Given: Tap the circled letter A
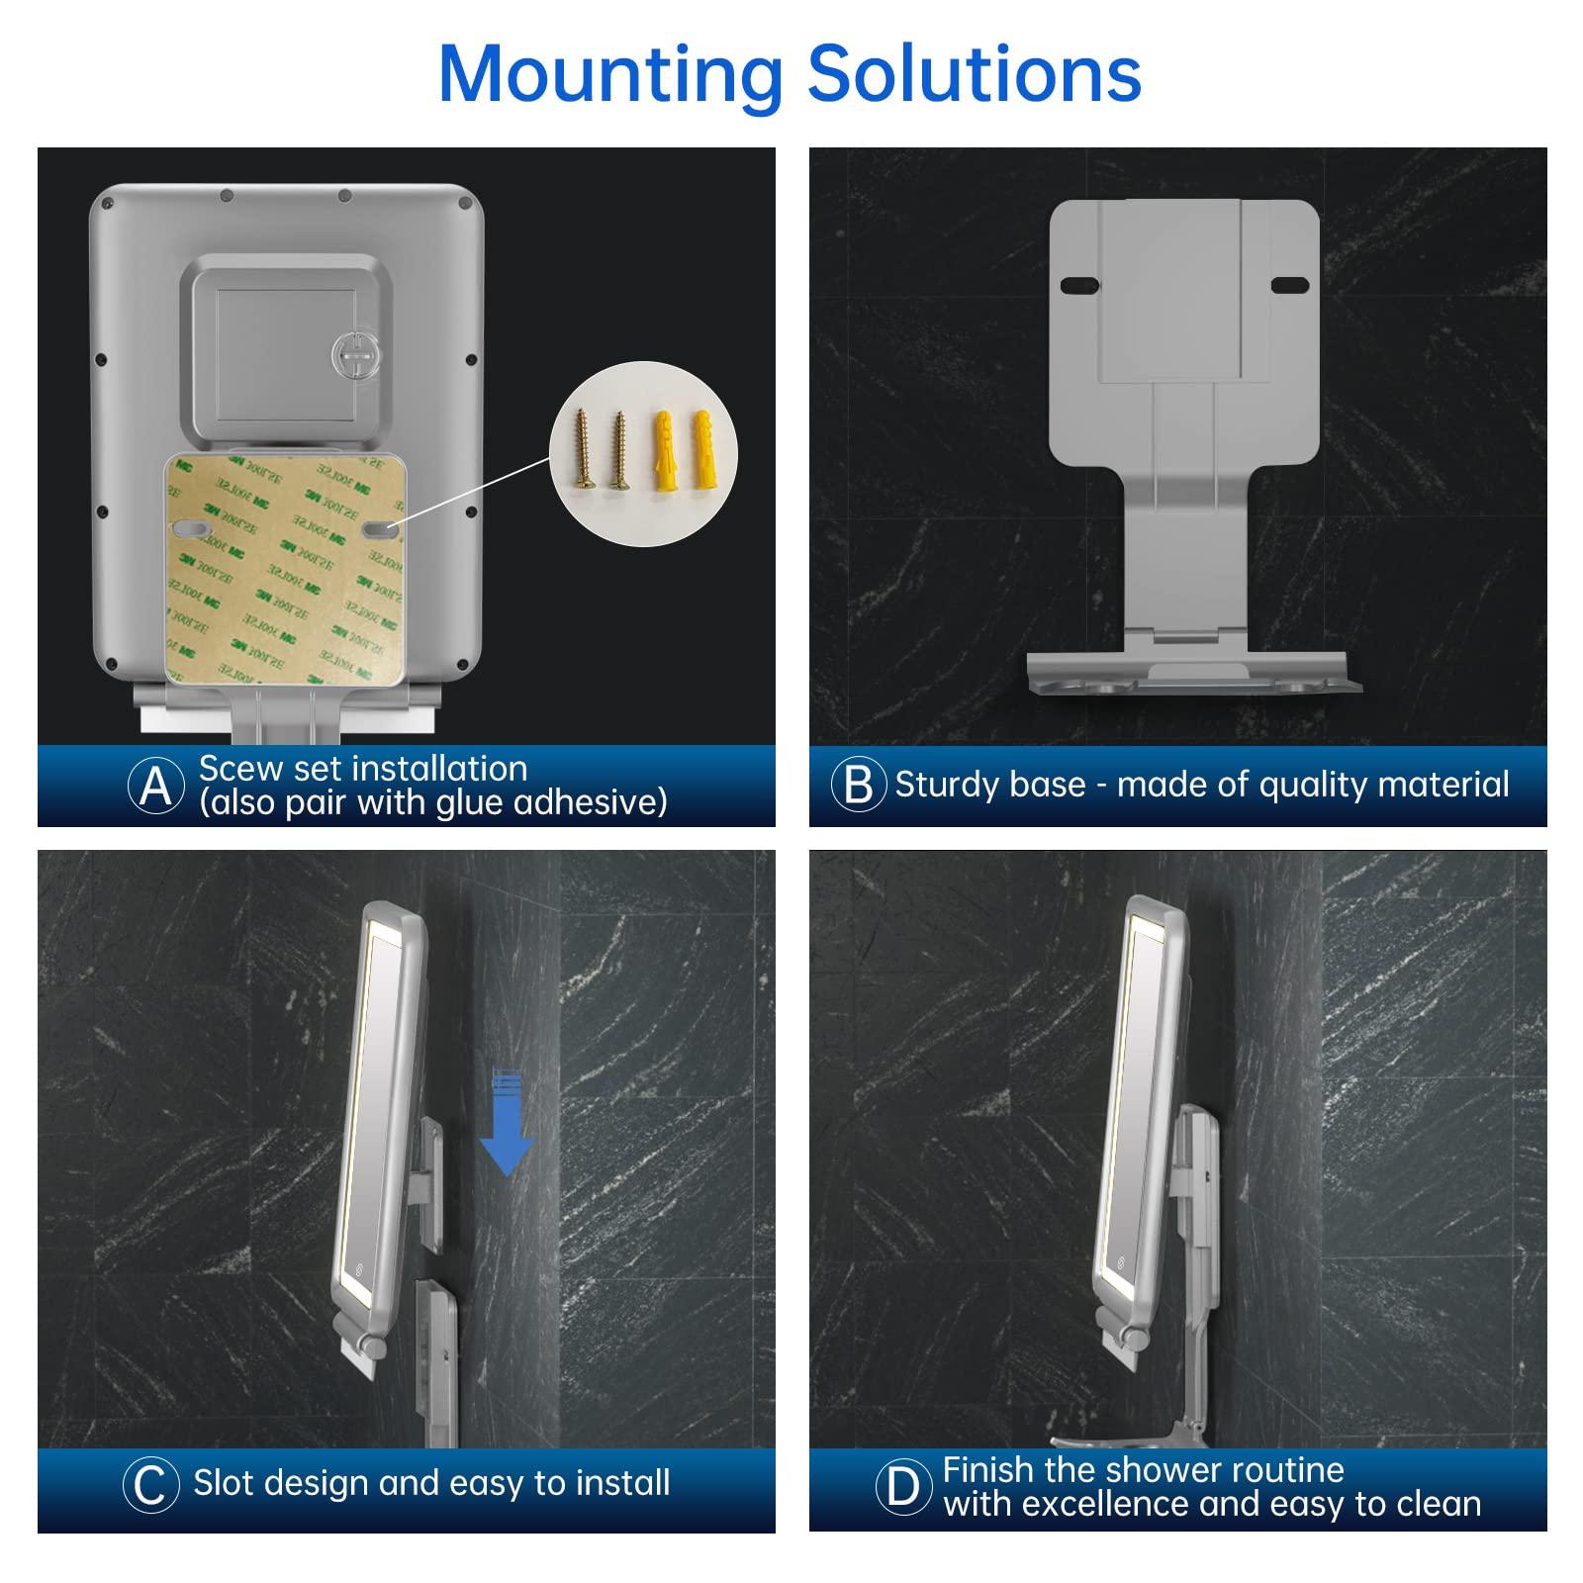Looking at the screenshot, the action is [x=156, y=786].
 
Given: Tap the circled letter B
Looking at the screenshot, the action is [x=858, y=785].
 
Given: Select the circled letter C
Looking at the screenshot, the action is [x=150, y=1484].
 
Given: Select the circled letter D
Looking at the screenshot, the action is [x=903, y=1486].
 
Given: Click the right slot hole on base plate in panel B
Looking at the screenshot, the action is [x=1288, y=285].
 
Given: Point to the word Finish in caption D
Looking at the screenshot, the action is [x=990, y=1470].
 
